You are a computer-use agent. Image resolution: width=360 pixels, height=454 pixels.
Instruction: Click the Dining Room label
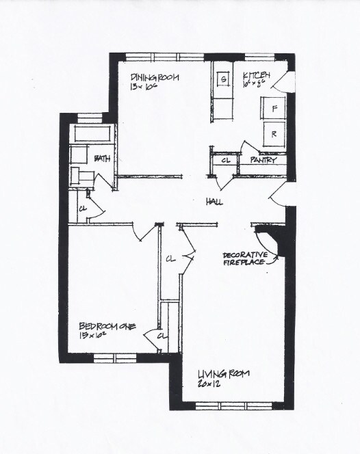click(155, 78)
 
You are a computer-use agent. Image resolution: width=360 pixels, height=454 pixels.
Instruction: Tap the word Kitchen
click(256, 75)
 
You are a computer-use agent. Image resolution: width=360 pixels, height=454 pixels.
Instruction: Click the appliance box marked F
click(274, 108)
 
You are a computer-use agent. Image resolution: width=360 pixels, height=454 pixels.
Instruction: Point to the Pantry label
click(263, 161)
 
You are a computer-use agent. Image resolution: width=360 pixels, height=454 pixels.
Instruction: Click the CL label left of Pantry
click(226, 161)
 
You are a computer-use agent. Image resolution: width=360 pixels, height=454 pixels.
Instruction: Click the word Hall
click(215, 202)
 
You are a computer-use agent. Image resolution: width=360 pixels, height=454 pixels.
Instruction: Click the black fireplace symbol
click(272, 241)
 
